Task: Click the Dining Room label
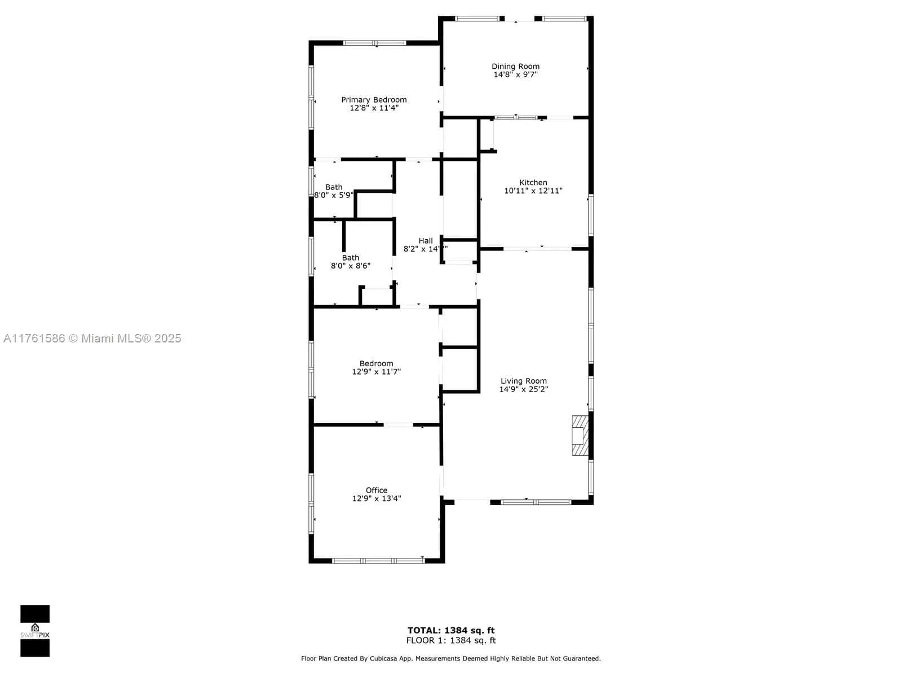coord(515,67)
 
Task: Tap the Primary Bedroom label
coord(374,100)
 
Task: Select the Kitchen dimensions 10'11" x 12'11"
coord(533,191)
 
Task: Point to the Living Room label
coord(523,381)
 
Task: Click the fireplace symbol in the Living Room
coord(580,436)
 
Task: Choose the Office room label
coord(376,490)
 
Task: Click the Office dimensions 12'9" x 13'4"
coord(376,499)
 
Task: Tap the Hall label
coord(426,241)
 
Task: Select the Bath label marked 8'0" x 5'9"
coord(334,187)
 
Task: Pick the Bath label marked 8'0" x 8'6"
coord(350,258)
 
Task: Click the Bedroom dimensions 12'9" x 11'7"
coord(376,372)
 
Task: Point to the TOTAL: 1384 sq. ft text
coord(451,630)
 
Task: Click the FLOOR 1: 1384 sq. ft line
coord(451,640)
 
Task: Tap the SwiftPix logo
coord(35,631)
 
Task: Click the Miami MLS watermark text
coord(92,338)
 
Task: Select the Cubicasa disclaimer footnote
coord(451,658)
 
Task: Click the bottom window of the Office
coord(378,560)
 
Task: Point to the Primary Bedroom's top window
coord(374,43)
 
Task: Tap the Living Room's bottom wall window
coord(536,502)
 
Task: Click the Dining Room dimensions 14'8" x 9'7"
coord(515,74)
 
